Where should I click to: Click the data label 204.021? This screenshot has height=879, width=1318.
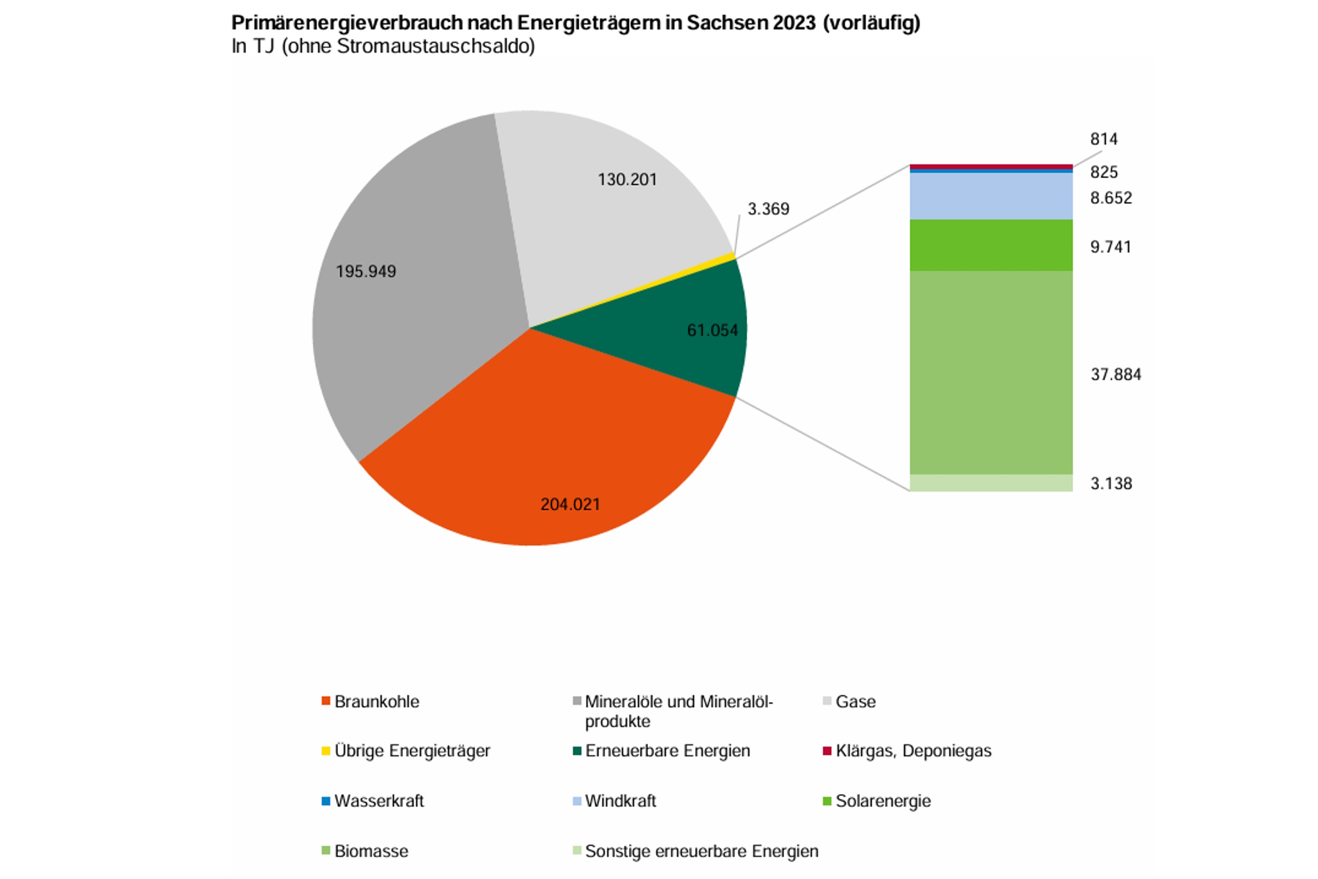570,504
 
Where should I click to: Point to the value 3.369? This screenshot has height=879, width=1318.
768,209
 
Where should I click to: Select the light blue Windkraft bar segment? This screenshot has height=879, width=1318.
991,196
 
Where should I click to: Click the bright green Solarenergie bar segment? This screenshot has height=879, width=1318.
991,245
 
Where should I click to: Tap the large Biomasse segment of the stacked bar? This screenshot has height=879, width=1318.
991,372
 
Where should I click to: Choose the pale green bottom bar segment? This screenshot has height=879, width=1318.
991,483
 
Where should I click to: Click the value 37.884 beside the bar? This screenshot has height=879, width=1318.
1115,374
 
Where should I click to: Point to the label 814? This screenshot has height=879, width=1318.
1104,139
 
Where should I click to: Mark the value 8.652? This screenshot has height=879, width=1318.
1111,198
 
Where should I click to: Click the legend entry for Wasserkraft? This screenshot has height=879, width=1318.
378,801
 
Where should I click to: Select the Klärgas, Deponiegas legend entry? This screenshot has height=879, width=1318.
913,751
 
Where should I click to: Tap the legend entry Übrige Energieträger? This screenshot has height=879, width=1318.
412,751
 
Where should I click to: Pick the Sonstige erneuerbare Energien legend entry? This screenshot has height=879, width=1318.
701,851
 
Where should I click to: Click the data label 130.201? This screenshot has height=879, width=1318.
627,179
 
